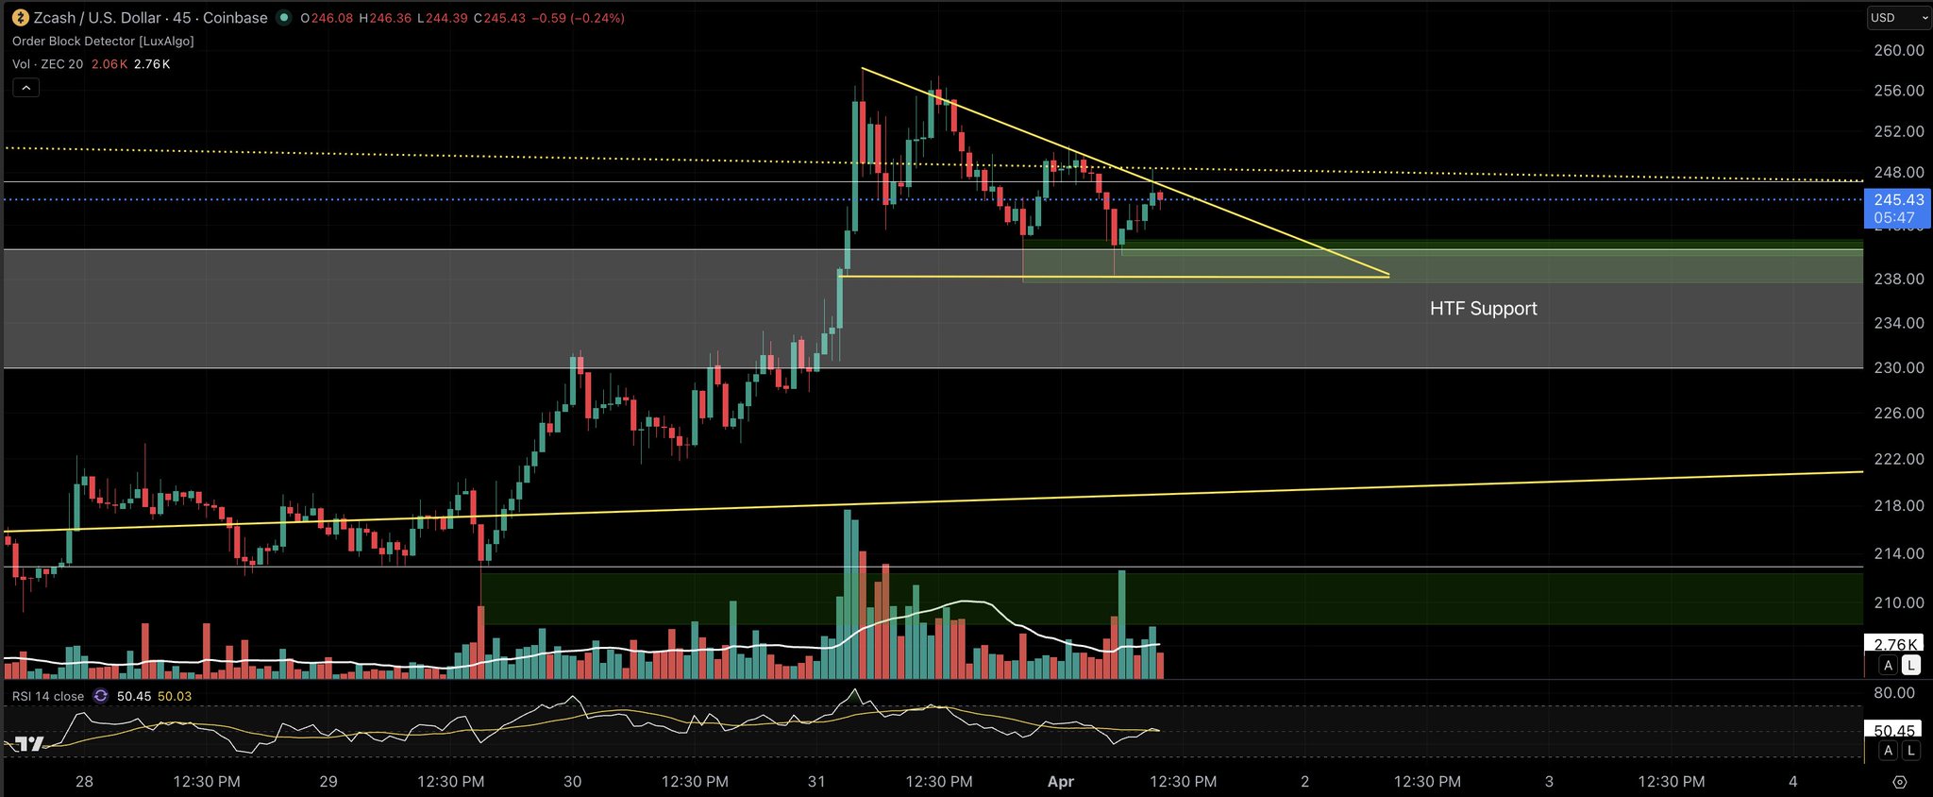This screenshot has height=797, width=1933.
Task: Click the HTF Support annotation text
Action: (x=1483, y=309)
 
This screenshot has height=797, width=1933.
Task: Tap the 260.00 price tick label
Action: (x=1898, y=50)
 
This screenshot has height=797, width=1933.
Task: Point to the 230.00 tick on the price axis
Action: (x=1898, y=367)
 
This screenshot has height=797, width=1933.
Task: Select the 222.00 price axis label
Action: (x=1898, y=459)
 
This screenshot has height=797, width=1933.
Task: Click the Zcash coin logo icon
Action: (x=20, y=18)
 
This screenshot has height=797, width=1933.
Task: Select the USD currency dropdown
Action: (x=1898, y=18)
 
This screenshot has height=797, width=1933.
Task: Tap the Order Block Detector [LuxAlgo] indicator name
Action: (x=103, y=42)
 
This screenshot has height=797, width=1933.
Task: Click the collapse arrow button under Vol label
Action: (x=26, y=88)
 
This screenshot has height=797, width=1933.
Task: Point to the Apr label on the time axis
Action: (x=1061, y=782)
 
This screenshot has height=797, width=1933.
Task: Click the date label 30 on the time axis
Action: (x=572, y=782)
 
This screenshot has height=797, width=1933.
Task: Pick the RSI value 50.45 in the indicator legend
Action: (x=134, y=697)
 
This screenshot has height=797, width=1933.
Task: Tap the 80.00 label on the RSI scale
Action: (x=1894, y=693)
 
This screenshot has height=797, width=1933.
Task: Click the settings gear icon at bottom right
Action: (x=1900, y=782)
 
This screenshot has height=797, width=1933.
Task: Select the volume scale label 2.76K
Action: (x=1894, y=645)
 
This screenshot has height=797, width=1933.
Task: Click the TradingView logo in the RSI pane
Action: (x=28, y=744)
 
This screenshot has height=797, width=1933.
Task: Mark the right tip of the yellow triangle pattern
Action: (x=1388, y=276)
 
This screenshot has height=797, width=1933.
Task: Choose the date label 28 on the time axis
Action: (x=84, y=782)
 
